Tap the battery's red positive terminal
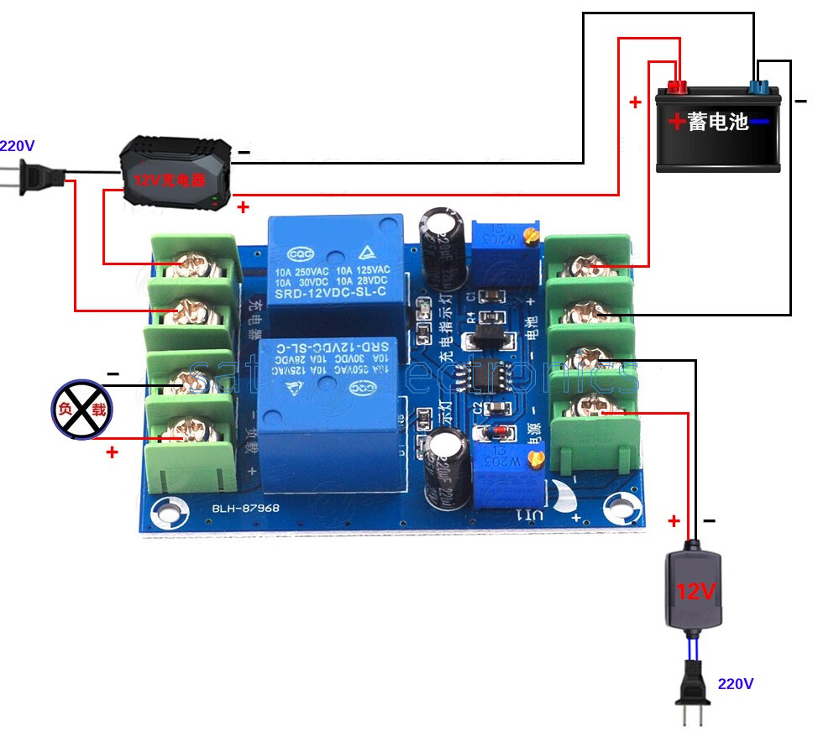(677, 85)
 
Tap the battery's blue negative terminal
(759, 85)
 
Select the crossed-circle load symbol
(81, 409)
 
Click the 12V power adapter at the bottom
(694, 587)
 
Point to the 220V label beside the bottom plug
(735, 683)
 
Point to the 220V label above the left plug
(16, 145)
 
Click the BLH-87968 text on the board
(245, 509)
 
